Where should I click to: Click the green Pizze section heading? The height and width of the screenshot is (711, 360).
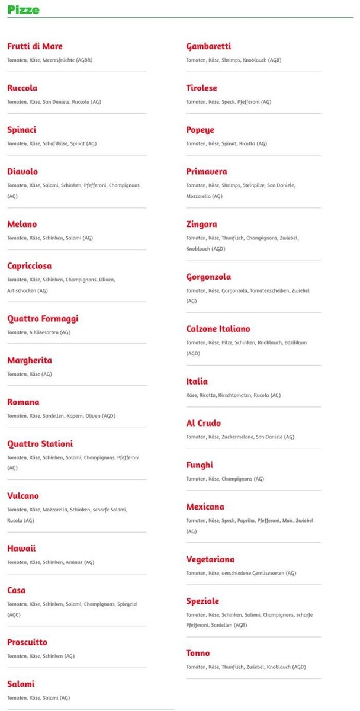pos(24,9)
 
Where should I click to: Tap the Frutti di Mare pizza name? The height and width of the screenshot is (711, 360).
pos(35,46)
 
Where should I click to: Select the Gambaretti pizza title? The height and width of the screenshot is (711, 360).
pos(208,46)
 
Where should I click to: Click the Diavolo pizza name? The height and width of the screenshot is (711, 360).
pos(22,172)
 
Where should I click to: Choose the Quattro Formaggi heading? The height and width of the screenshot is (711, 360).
pos(43,319)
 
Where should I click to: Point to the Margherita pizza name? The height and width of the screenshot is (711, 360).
pos(30,360)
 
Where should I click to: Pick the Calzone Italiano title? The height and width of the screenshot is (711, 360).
pos(218,329)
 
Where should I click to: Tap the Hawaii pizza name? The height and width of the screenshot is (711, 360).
pos(21,549)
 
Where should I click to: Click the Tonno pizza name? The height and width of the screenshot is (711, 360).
pos(198,654)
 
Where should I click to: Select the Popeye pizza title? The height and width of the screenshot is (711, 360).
pos(200,130)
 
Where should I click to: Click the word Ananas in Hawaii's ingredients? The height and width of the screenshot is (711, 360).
pos(75,562)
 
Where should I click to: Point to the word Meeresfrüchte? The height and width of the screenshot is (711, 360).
pos(59,60)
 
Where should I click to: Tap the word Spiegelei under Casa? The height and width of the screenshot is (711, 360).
pos(126,604)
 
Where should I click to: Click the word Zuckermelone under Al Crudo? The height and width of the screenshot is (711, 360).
pos(237,437)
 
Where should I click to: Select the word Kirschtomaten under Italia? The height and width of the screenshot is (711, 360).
pos(235,395)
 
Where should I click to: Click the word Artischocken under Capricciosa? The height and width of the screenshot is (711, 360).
pos(21,290)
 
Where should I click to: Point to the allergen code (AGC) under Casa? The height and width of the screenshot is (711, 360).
pos(14,614)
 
